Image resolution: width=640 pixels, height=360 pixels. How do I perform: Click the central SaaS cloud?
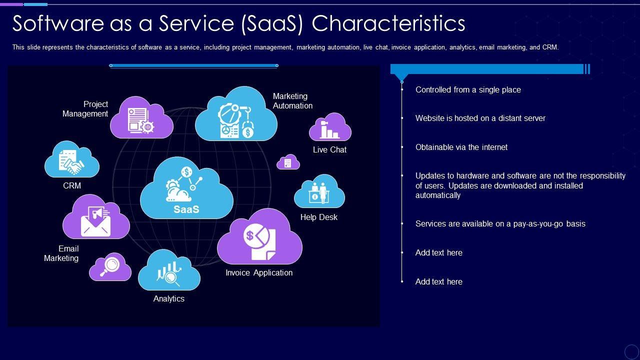186,189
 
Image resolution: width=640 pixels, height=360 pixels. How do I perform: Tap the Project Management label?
85,109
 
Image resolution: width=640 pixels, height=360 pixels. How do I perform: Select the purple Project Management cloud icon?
141,118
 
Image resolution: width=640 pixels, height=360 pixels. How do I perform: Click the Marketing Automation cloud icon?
236,115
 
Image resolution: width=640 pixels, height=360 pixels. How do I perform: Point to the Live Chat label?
329,149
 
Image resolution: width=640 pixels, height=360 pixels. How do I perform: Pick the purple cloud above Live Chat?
330,127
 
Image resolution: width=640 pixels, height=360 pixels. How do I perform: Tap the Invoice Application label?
259,272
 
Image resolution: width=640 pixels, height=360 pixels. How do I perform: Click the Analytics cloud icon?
169,271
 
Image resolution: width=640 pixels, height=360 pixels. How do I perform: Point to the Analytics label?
169,298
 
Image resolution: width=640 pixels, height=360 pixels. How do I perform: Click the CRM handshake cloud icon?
71,160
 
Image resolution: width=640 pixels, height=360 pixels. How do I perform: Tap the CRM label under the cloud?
72,185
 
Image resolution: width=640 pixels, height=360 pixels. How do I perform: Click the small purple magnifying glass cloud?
110,267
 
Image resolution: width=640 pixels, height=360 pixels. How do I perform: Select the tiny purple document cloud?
288,162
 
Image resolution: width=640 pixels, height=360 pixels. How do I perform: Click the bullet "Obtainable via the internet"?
461,147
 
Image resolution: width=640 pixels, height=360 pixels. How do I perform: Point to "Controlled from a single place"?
468,89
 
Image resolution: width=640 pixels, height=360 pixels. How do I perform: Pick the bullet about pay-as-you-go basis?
500,223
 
